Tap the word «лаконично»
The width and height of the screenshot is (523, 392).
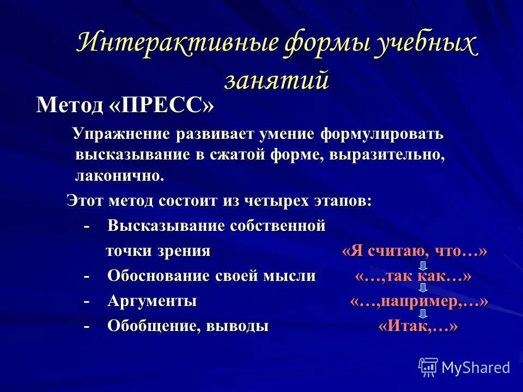click(x=119, y=175)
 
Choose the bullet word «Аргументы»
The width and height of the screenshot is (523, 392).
click(x=152, y=301)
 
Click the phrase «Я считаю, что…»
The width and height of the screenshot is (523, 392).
click(x=414, y=251)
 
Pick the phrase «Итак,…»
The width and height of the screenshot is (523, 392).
click(x=418, y=327)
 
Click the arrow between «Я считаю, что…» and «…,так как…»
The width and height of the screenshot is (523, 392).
click(x=423, y=265)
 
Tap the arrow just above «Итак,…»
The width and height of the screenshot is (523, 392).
click(x=423, y=314)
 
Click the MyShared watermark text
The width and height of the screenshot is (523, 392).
click(x=476, y=367)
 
